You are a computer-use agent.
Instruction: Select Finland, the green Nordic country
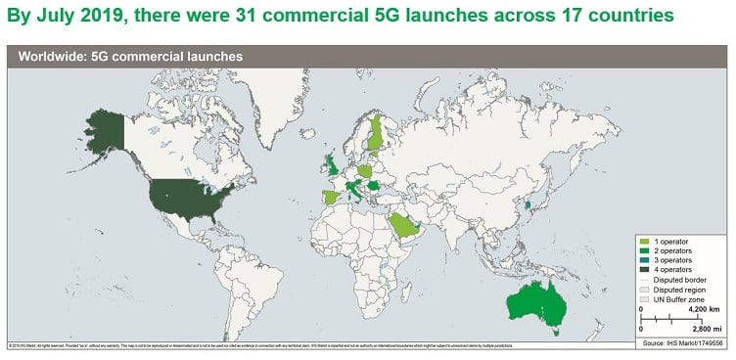377,134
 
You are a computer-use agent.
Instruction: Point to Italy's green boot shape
355,192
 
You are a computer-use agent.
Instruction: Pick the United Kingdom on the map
333,167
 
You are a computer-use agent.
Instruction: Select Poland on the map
368,170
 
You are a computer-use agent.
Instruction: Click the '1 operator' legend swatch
644,241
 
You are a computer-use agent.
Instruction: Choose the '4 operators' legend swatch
644,269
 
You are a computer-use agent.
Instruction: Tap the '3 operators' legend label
675,259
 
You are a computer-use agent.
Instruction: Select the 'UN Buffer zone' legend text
681,298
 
